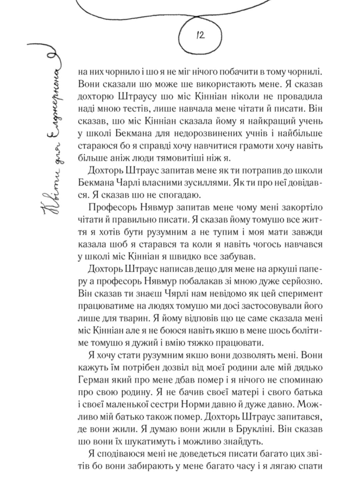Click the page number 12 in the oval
pyautogui.click(x=200, y=35)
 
